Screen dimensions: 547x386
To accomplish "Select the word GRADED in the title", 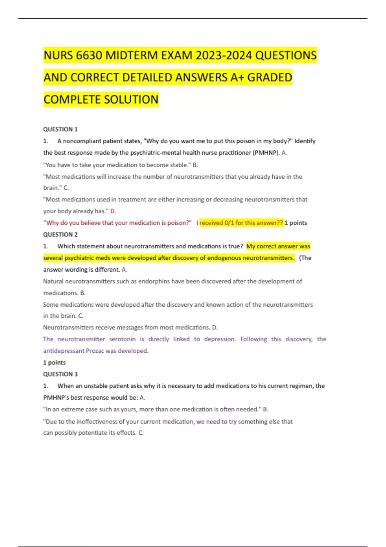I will pyautogui.click(x=270, y=78).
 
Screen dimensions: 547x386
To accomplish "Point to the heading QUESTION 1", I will pyautogui.click(x=60, y=129).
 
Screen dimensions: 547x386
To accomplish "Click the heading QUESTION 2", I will pyautogui.click(x=60, y=235).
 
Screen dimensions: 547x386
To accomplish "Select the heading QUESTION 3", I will pyautogui.click(x=60, y=374).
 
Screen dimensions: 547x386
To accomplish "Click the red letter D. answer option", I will pyautogui.click(x=113, y=211).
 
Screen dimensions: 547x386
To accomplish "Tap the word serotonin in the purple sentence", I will pyautogui.click(x=122, y=339).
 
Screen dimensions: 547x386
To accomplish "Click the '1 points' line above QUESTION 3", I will pyautogui.click(x=54, y=363).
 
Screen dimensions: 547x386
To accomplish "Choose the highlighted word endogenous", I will pyautogui.click(x=224, y=258).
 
